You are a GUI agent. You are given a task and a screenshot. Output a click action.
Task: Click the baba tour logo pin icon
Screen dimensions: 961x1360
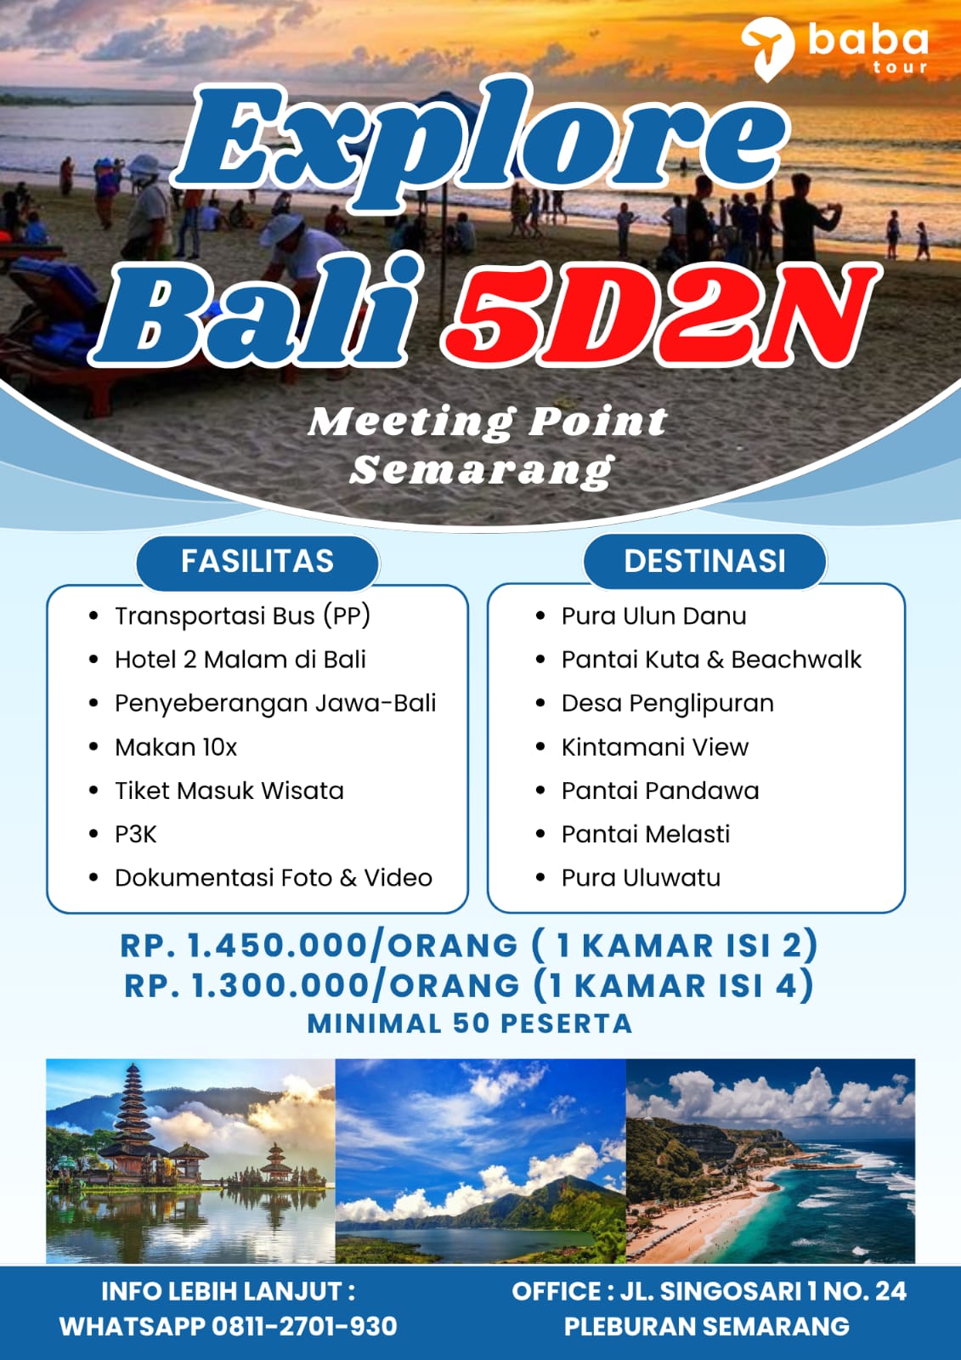pyautogui.click(x=767, y=48)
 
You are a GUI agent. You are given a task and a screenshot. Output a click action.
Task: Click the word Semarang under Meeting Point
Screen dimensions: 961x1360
pyautogui.click(x=482, y=471)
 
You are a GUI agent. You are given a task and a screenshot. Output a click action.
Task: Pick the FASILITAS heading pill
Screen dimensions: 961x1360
pyautogui.click(x=257, y=561)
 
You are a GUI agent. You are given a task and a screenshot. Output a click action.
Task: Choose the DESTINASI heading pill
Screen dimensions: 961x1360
pyautogui.click(x=704, y=561)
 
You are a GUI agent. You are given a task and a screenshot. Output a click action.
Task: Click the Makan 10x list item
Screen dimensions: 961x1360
pyautogui.click(x=176, y=747)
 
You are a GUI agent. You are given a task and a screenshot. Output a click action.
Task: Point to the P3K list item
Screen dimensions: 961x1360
pyautogui.click(x=136, y=835)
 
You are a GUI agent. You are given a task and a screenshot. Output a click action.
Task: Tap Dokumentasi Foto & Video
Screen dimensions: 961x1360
pyautogui.click(x=274, y=878)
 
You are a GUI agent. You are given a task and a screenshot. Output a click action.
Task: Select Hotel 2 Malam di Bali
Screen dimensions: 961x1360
pyautogui.click(x=240, y=660)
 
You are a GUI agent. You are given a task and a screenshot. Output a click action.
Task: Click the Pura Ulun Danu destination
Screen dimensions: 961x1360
pyautogui.click(x=653, y=616)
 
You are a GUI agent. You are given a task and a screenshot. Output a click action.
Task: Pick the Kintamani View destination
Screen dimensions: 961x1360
pyautogui.click(x=655, y=747)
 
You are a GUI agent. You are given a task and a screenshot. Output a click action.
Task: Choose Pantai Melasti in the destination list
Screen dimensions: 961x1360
pyautogui.click(x=646, y=835)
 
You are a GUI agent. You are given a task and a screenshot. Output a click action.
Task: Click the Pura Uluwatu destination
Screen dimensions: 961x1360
pyautogui.click(x=641, y=878)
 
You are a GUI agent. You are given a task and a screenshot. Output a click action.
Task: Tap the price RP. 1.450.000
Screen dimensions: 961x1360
pyautogui.click(x=244, y=945)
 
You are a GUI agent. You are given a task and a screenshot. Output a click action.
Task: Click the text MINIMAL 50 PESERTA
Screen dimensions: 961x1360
pyautogui.click(x=470, y=1023)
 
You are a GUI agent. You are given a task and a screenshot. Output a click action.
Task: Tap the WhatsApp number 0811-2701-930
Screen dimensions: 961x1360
pyautogui.click(x=304, y=1325)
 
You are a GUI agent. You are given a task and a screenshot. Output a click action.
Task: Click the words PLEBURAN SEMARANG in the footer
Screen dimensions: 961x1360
pyautogui.click(x=707, y=1326)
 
